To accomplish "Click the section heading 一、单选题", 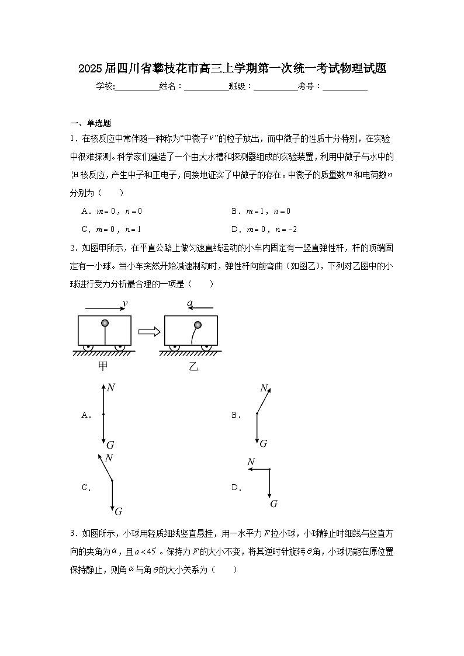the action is (x=91, y=123).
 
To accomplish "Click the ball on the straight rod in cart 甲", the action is (x=105, y=323).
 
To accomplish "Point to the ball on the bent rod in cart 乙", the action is (x=198, y=325).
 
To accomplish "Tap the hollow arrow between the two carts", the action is (x=148, y=331).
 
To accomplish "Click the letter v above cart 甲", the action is (x=124, y=303).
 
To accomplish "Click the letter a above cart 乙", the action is (x=189, y=303).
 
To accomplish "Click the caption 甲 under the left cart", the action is (x=103, y=366).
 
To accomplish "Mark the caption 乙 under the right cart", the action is (x=193, y=366).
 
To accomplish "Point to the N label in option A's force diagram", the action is (x=110, y=387).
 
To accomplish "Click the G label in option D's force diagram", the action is (x=273, y=504).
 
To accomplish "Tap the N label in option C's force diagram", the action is (x=109, y=457).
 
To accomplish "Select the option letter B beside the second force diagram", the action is (x=236, y=415).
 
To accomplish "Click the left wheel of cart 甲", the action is (x=88, y=348).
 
